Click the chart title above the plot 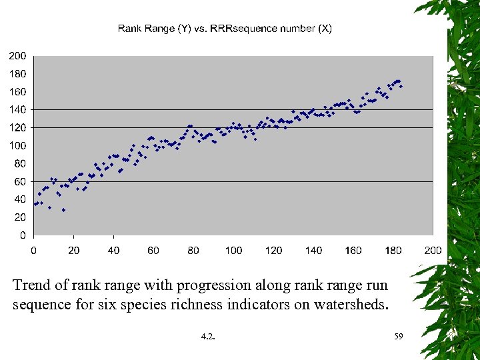coord(225,28)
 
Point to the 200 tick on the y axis coord(17,55)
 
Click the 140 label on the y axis coord(17,109)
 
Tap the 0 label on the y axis coord(23,235)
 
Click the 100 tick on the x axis coord(233,250)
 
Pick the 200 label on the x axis coord(433,250)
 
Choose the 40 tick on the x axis coord(113,250)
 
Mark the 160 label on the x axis coord(353,250)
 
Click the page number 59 coord(399,337)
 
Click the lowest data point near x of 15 coord(64,210)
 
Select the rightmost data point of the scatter coord(401,86)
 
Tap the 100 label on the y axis coord(17,145)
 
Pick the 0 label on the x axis coord(33,250)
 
